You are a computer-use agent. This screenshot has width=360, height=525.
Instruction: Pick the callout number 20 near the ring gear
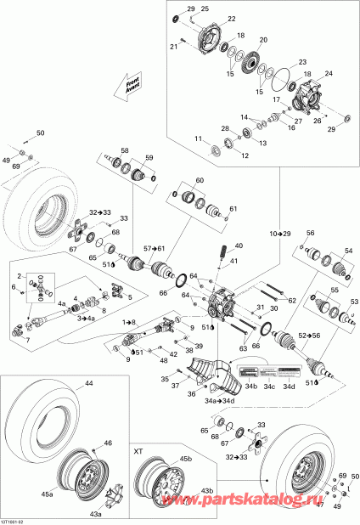tap(262, 40)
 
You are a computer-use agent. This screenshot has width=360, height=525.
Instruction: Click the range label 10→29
tap(281, 232)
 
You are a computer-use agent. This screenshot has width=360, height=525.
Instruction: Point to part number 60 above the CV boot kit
tap(200, 181)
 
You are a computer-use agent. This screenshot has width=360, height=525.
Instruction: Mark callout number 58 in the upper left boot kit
tap(124, 150)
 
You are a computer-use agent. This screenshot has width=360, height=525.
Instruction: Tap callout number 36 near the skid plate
tap(192, 393)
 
